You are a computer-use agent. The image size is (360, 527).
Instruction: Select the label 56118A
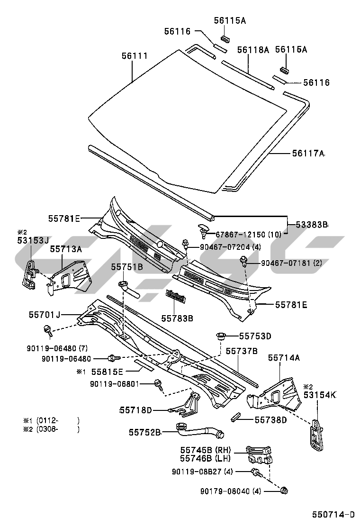253,49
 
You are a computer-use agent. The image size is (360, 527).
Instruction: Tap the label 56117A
308,153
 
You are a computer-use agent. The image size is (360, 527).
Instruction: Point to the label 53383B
312,225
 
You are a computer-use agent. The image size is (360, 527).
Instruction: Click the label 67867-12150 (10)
248,234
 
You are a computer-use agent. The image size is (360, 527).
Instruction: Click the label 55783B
178,318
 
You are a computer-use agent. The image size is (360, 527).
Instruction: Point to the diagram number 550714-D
333,514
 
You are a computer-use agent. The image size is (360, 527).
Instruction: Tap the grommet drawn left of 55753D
220,337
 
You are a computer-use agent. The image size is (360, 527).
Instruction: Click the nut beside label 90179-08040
284,490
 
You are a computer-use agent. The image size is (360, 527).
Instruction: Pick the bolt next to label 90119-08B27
256,472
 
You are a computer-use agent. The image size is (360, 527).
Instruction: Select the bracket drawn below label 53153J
30,275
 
